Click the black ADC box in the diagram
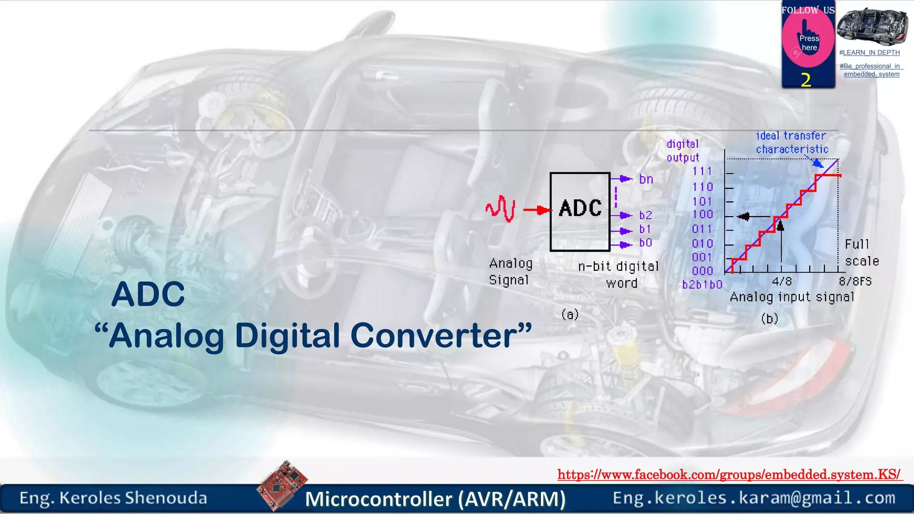(580, 211)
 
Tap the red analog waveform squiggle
(500, 208)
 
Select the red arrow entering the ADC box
(537, 210)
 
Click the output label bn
(646, 179)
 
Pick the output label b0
(645, 243)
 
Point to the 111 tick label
(702, 171)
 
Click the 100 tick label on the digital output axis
(702, 215)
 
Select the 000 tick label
(702, 271)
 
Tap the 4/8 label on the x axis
(781, 282)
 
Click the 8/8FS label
(855, 282)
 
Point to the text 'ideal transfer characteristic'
(792, 142)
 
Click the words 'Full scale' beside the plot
(861, 253)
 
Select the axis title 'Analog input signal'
(792, 297)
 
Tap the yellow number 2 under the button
(806, 80)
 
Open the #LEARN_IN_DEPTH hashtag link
(869, 53)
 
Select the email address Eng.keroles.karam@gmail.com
(754, 498)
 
